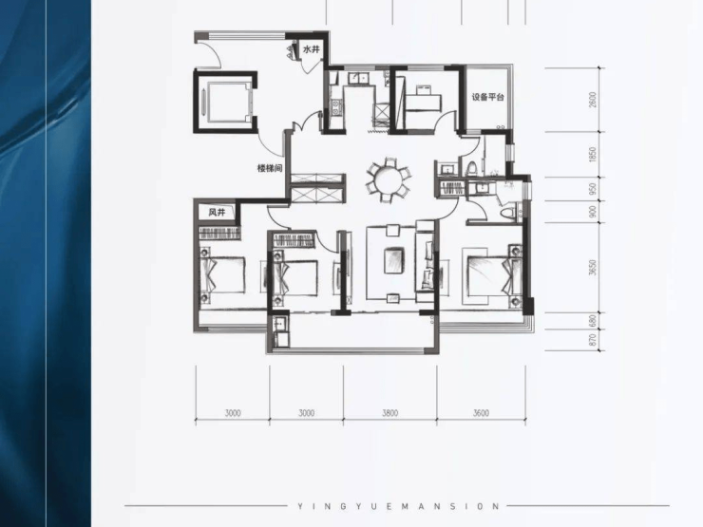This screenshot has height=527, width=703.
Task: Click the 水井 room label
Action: pyautogui.click(x=312, y=49)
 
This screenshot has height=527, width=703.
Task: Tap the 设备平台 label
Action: pyautogui.click(x=487, y=97)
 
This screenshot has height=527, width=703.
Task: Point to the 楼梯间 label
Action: pyautogui.click(x=270, y=168)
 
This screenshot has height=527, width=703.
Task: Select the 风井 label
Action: pyautogui.click(x=217, y=212)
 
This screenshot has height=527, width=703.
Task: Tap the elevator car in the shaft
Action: pyautogui.click(x=225, y=103)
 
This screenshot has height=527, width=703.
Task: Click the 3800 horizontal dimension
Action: pyautogui.click(x=389, y=413)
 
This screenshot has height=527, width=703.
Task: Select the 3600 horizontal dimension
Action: pyautogui.click(x=481, y=413)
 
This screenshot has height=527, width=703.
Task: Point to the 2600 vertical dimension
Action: pyautogui.click(x=593, y=100)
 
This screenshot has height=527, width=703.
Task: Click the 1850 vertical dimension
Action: pyautogui.click(x=593, y=155)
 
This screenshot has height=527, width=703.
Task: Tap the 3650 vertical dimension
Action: pyautogui.click(x=593, y=268)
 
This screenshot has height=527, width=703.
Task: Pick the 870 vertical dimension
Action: pyautogui.click(x=593, y=340)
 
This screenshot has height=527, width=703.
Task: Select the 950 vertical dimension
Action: pyautogui.click(x=593, y=189)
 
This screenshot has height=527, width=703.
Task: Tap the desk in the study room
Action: pyautogui.click(x=424, y=99)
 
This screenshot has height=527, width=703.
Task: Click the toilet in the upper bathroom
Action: pyautogui.click(x=471, y=168)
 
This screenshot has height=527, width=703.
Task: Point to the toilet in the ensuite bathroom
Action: pyautogui.click(x=508, y=213)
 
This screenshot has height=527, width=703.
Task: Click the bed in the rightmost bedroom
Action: pyautogui.click(x=492, y=275)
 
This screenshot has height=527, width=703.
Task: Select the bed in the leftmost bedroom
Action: pyautogui.click(x=223, y=274)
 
